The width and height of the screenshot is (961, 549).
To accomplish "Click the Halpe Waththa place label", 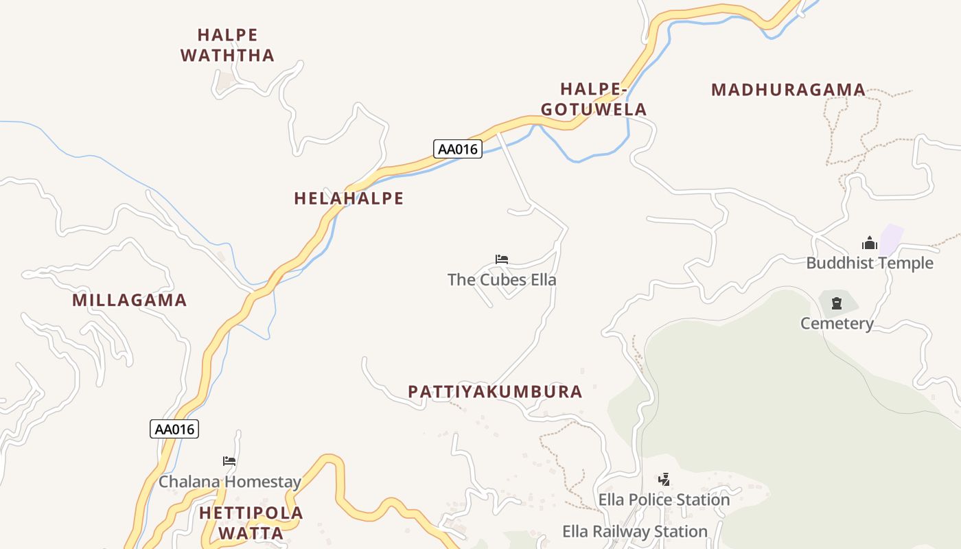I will [x=227, y=45].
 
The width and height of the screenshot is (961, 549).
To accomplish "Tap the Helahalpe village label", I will [x=349, y=198].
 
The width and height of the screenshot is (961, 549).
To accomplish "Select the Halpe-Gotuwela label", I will [x=594, y=99].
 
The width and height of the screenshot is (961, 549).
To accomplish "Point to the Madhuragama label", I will [x=788, y=90].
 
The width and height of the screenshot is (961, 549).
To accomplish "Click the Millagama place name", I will [x=130, y=300].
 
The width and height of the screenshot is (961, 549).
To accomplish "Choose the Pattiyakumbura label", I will [x=495, y=392].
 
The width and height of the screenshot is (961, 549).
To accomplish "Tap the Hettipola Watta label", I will [x=251, y=523].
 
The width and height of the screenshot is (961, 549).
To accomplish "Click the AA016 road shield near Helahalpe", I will [x=458, y=149].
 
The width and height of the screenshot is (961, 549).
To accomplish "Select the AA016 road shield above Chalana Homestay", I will [x=174, y=429].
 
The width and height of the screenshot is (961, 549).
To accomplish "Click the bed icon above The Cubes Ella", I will [x=502, y=259].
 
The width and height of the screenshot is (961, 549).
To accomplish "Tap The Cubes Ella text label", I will [x=502, y=279].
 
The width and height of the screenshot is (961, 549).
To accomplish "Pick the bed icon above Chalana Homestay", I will [x=229, y=461].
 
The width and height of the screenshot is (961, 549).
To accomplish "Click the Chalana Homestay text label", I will [x=230, y=482].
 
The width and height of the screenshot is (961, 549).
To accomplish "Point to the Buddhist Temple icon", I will [x=870, y=243].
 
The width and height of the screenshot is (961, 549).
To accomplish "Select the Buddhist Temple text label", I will [x=870, y=263].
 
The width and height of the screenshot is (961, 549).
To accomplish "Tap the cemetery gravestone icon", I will [x=837, y=303].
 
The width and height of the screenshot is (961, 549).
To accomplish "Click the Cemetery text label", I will [x=837, y=323].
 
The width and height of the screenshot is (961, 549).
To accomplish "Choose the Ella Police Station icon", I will [x=664, y=480].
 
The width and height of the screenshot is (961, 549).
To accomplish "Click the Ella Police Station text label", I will [x=664, y=500].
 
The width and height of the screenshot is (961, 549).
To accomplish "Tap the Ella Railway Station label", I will [x=635, y=531].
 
